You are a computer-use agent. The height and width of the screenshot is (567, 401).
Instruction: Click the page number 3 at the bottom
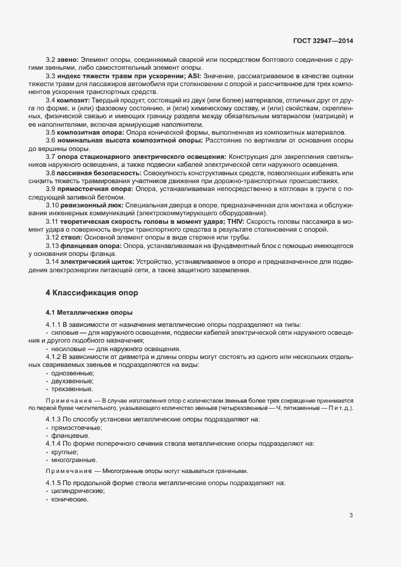351,516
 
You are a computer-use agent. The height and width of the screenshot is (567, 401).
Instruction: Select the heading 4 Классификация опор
93,293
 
